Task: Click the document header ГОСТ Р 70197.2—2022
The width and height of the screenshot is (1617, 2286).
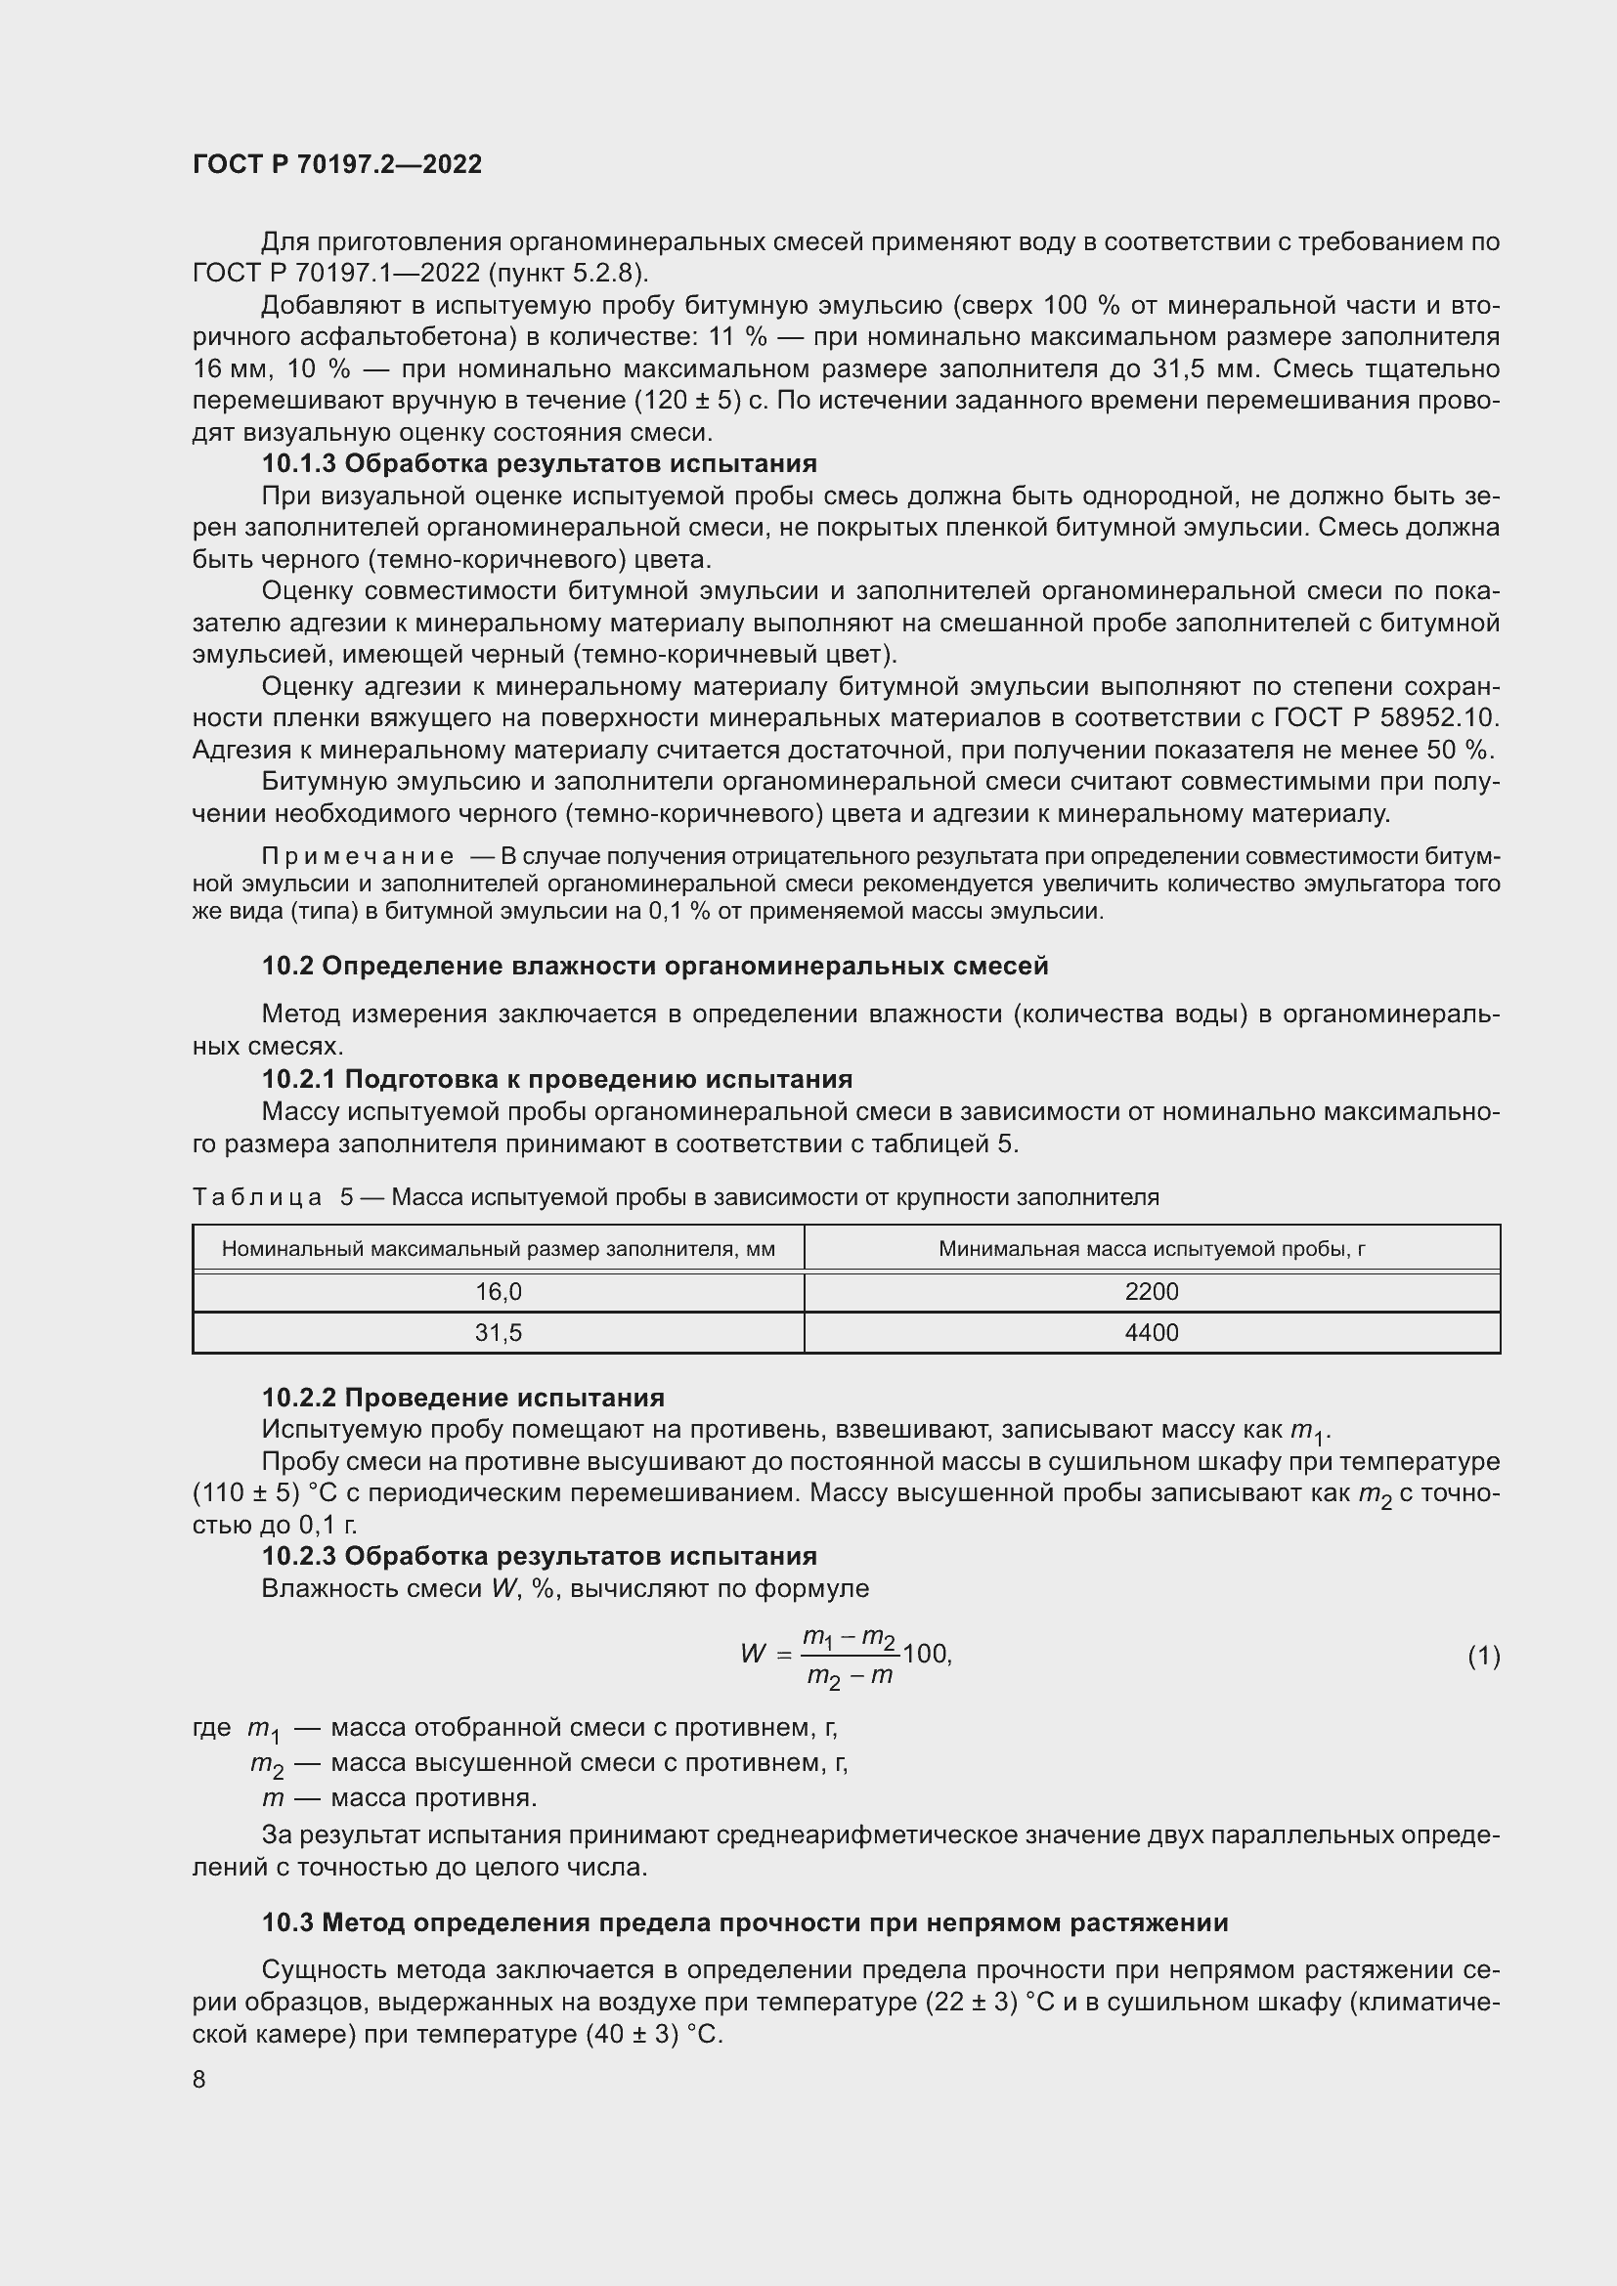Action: coord(336,164)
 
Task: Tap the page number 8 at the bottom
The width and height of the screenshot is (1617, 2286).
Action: coord(199,2079)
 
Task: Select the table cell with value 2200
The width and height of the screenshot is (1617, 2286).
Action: coord(1151,1291)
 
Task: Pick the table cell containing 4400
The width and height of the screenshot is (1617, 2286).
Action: coord(1151,1332)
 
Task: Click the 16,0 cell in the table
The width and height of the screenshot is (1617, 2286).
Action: coord(498,1291)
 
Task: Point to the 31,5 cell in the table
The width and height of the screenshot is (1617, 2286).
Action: coord(498,1332)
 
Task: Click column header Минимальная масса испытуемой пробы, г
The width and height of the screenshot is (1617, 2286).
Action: coord(1151,1248)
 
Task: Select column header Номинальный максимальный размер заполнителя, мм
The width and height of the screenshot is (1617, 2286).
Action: coord(498,1248)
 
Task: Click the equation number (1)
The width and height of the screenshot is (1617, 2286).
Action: coord(1483,1656)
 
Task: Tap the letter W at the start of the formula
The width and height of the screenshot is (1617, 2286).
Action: coord(753,1655)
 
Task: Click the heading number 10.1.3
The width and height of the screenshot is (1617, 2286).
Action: coord(299,464)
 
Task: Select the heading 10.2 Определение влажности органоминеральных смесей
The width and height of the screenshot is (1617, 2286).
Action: coord(654,966)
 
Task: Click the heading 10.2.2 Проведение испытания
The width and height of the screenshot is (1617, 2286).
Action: coord(462,1398)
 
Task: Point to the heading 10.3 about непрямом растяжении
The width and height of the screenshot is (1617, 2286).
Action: coord(744,1922)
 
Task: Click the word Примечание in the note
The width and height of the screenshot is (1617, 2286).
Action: coord(358,856)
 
